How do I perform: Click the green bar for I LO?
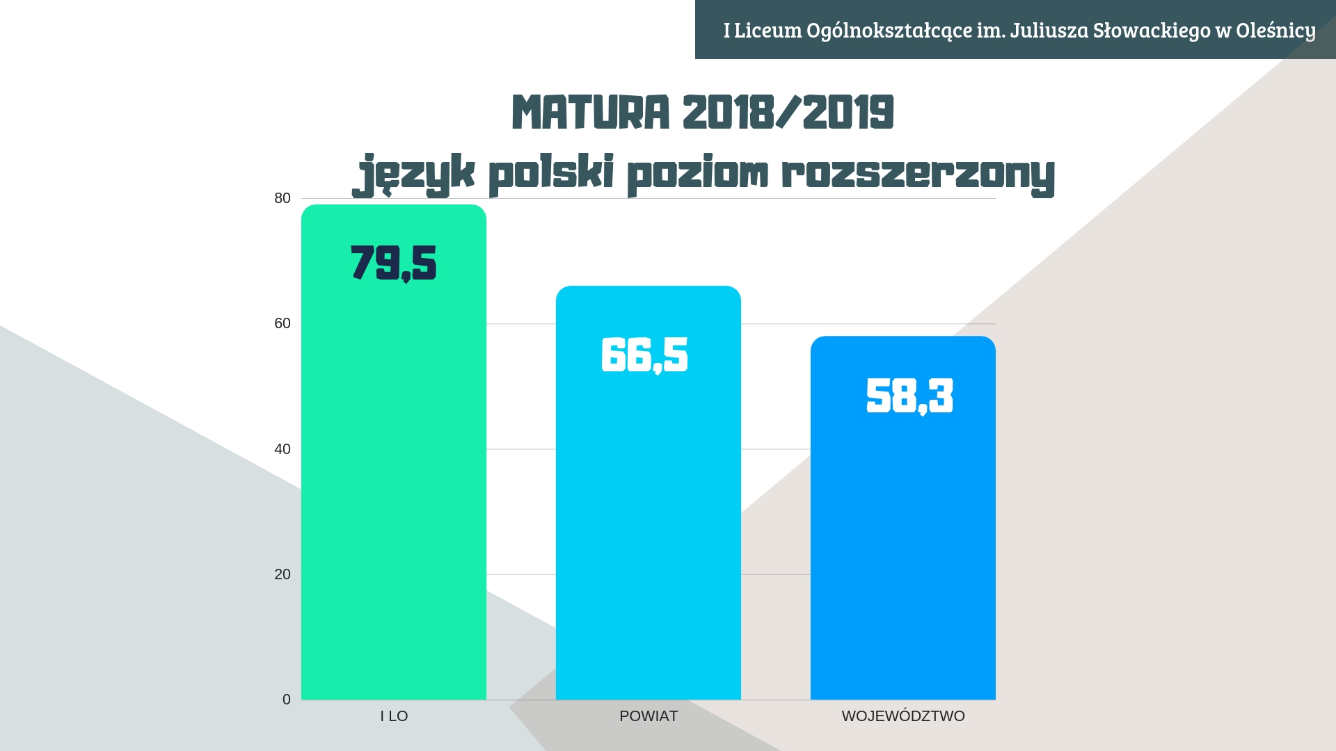[x=393, y=487]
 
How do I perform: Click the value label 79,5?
[x=394, y=264]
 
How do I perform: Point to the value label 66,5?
[x=645, y=355]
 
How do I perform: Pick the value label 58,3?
[x=909, y=396]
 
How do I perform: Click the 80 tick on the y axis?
[x=283, y=199]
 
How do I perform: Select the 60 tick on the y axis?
[x=283, y=324]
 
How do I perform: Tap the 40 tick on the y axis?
[x=283, y=449]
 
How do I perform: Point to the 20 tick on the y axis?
[x=283, y=574]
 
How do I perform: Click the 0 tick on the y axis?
[x=287, y=700]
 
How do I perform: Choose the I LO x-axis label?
[x=394, y=716]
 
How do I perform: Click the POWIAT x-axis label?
[x=649, y=716]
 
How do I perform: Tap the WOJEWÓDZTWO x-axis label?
[x=903, y=716]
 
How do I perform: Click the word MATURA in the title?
[x=591, y=113]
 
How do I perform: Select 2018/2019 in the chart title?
[x=788, y=113]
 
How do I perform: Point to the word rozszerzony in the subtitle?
[x=918, y=174]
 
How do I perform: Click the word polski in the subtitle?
[x=551, y=174]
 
